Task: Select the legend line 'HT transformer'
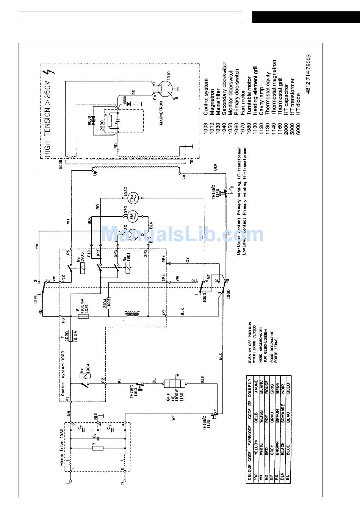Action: [292, 97]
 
